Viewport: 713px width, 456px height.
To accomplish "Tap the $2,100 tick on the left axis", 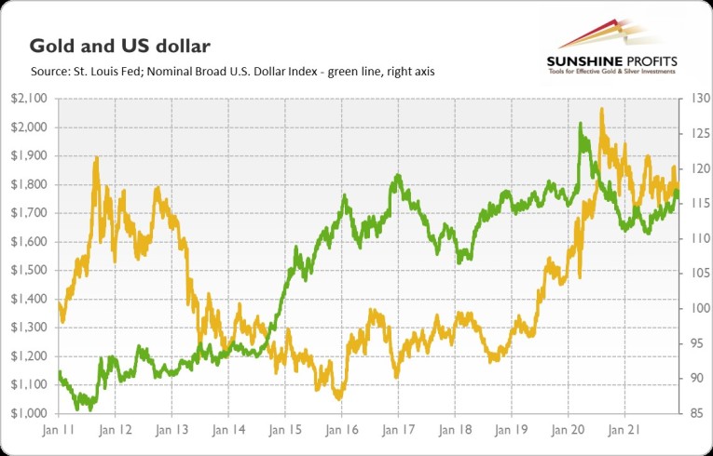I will coord(31,99).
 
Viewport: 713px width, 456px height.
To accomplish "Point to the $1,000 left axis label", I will coord(31,413).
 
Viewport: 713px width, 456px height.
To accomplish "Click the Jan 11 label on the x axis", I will coord(58,431).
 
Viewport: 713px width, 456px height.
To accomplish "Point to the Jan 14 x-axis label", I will coord(228,431).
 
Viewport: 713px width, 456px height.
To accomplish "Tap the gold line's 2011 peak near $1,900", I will coord(96,159).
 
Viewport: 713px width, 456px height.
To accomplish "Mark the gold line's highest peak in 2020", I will coord(602,110).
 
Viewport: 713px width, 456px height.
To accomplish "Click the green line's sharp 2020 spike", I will coord(581,124).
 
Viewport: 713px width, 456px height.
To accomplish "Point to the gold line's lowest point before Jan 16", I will coord(337,397).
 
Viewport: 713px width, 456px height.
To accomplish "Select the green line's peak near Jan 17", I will coord(398,175).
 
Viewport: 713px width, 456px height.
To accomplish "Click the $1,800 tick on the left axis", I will coord(31,184).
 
